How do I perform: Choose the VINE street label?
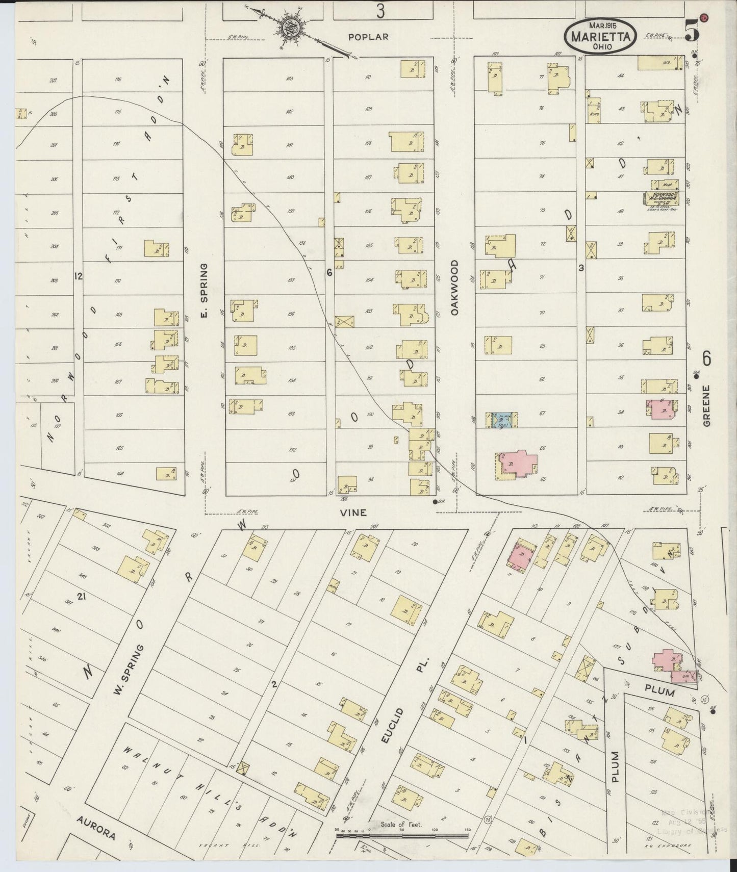(x=353, y=512)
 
